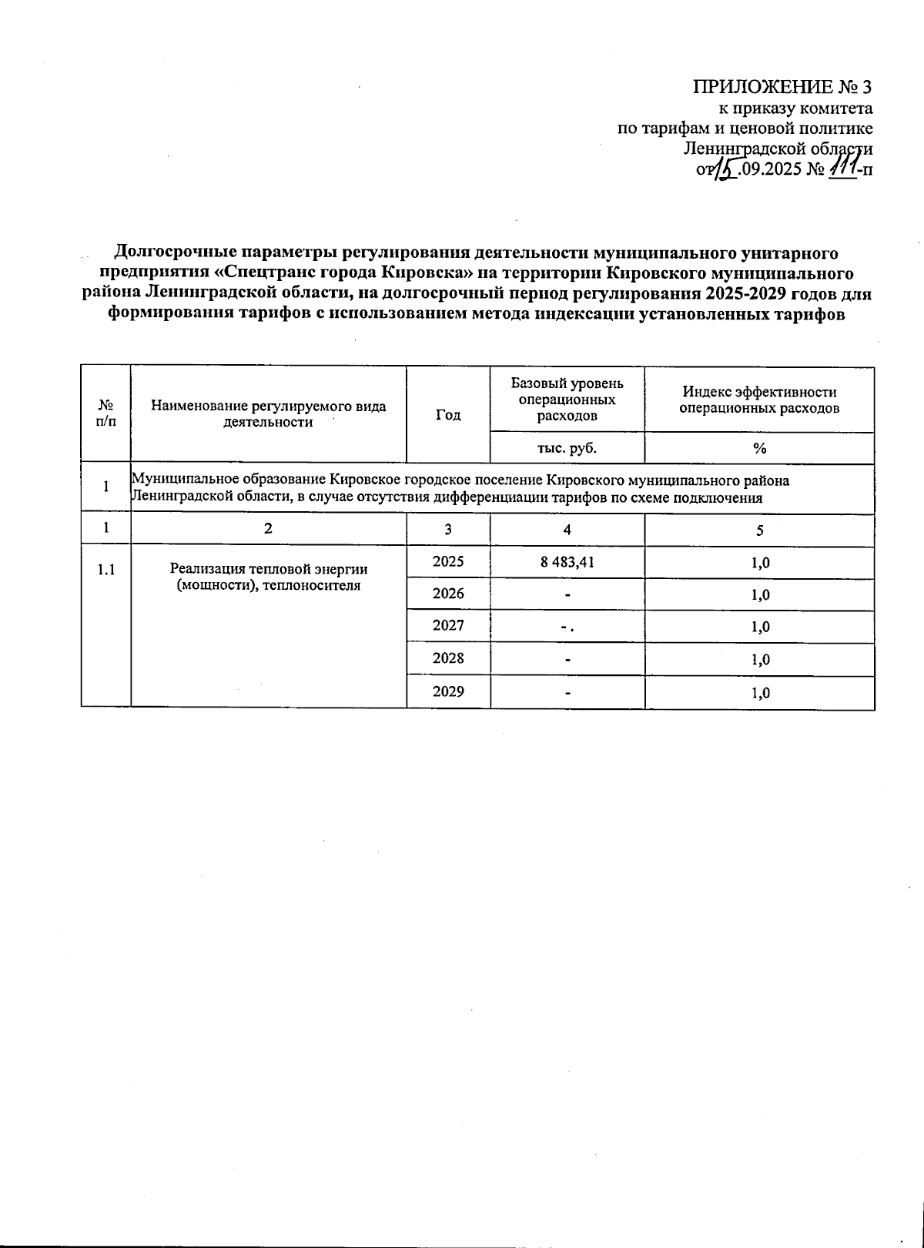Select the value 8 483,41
[x=567, y=563]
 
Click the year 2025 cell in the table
[x=448, y=563]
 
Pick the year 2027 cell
[x=448, y=626]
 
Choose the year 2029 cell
[x=448, y=691]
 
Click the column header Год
[x=448, y=415]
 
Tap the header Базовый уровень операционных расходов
[x=567, y=400]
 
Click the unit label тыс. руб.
[x=567, y=448]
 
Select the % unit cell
[x=759, y=448]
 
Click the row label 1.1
[x=105, y=570]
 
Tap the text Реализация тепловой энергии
[x=269, y=569]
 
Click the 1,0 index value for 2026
[x=759, y=594]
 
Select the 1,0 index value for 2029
[x=759, y=693]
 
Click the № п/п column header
[x=105, y=413]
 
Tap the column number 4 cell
[x=567, y=530]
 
